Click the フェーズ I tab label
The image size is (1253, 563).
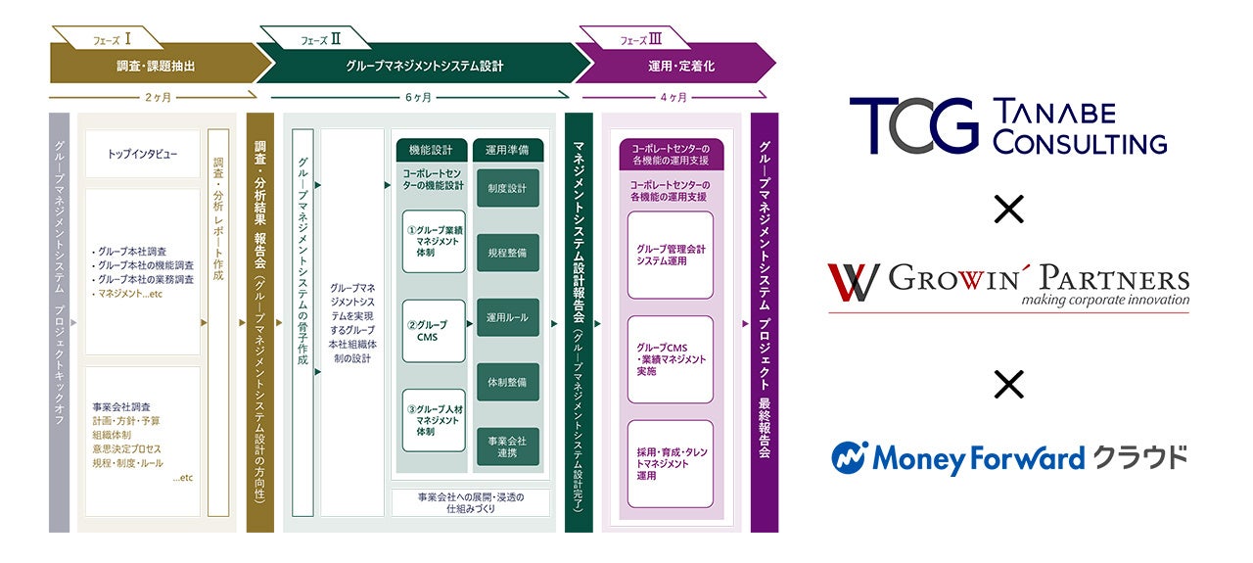[x=113, y=39]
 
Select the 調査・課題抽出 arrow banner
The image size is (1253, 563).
[x=156, y=66]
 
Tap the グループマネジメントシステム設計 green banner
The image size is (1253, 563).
[x=425, y=66]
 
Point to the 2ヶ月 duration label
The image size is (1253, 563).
[x=153, y=97]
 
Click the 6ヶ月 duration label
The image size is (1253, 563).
[x=418, y=97]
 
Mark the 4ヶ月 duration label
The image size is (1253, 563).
[x=673, y=97]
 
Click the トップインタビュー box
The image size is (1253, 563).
[x=142, y=155]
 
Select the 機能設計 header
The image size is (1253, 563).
[x=432, y=151]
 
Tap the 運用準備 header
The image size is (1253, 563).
[x=507, y=151]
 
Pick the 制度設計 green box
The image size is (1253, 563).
[x=507, y=188]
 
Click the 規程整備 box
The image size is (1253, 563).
[x=507, y=253]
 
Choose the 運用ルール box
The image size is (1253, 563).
[x=507, y=317]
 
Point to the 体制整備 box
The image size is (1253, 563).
[x=507, y=382]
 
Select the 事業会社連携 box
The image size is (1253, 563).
[x=507, y=446]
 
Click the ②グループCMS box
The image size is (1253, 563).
[x=432, y=331]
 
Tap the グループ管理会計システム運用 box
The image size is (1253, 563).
[x=671, y=255]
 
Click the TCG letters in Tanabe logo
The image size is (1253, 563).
[x=913, y=126]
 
